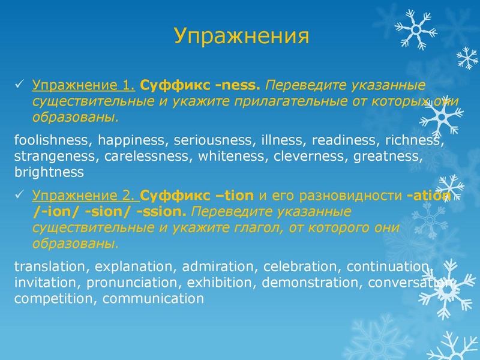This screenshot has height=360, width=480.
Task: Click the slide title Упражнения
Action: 242,37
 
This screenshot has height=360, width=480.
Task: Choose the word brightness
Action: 49,173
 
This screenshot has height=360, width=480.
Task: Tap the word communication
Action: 154,298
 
